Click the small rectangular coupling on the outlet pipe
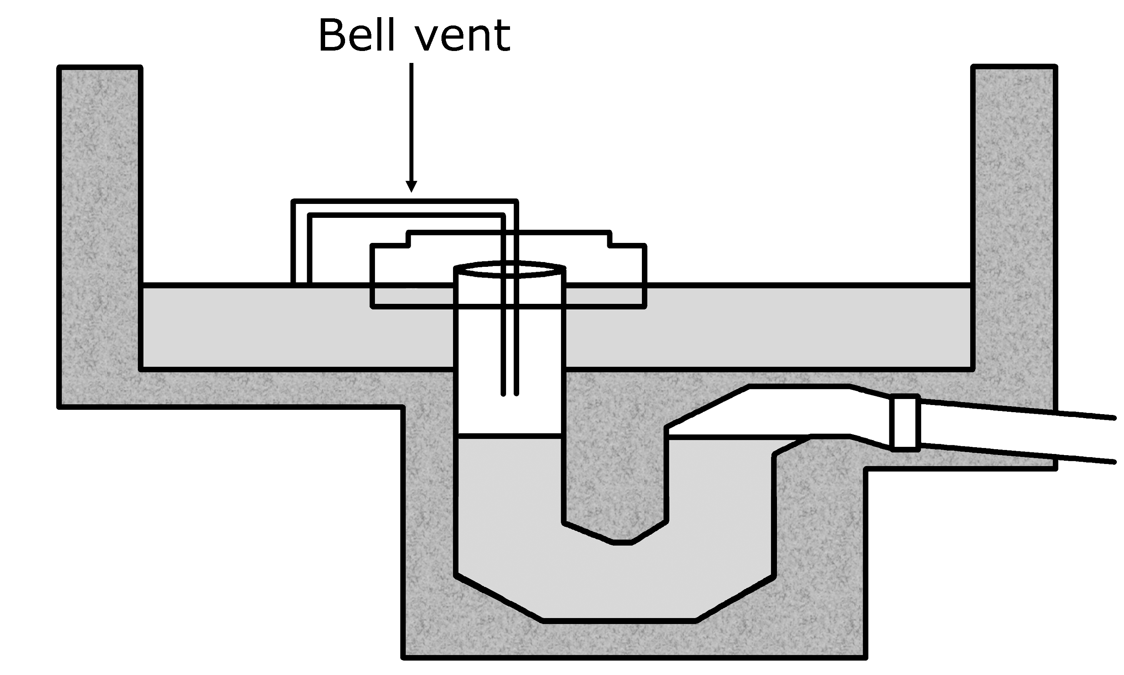[x=905, y=423]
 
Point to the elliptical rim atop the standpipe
[x=510, y=269]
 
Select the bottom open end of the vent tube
[x=510, y=393]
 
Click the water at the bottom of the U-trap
[x=619, y=587]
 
